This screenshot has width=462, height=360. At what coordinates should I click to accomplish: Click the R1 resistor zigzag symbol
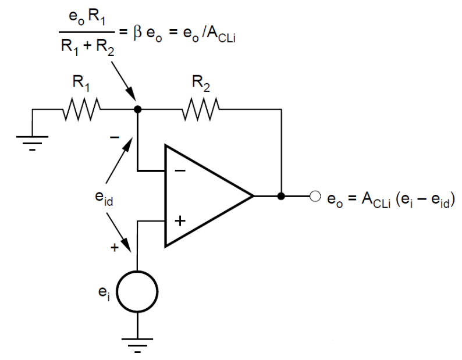tap(82, 108)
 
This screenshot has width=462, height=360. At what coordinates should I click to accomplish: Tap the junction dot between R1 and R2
tap(137, 108)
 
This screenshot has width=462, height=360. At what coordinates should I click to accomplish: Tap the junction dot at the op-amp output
tap(281, 196)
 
